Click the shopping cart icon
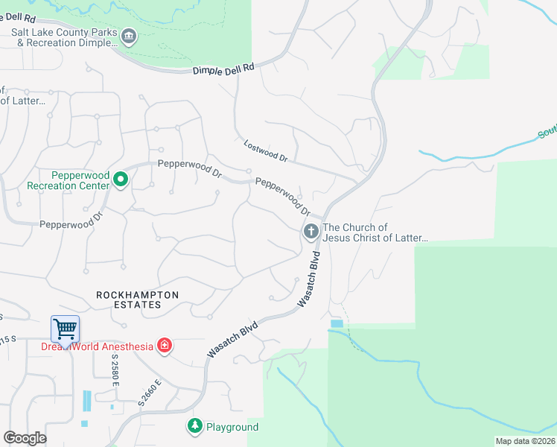click(x=66, y=329)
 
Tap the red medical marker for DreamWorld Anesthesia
click(x=165, y=346)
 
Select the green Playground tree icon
click(x=195, y=426)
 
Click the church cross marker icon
click(x=311, y=232)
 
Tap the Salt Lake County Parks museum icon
click(x=129, y=37)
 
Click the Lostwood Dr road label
click(x=265, y=150)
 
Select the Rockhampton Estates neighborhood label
click(x=138, y=299)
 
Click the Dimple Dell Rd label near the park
click(x=223, y=67)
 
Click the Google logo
click(x=25, y=438)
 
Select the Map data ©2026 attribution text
click(x=525, y=441)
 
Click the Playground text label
click(x=232, y=427)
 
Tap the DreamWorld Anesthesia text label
click(x=96, y=346)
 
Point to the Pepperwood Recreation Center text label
click(x=69, y=180)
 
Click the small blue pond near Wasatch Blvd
click(x=336, y=323)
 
